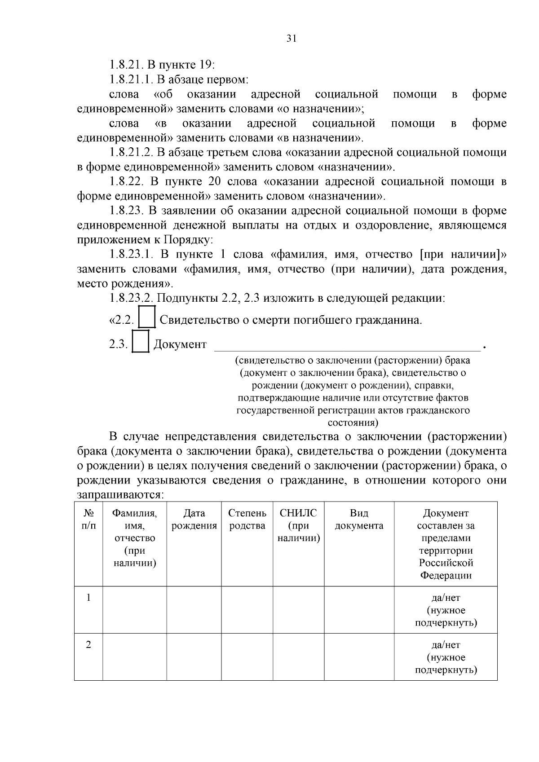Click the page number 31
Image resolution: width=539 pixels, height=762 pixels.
(292, 39)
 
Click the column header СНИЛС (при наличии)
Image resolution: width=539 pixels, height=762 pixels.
(298, 525)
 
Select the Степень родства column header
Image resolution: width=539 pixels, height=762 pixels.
(247, 520)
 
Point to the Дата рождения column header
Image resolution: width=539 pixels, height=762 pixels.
(194, 520)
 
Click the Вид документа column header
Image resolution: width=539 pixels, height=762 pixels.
(359, 520)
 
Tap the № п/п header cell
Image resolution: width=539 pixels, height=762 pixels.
(88, 520)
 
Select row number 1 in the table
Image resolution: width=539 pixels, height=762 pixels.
(88, 598)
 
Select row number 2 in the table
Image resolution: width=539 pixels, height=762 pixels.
(88, 645)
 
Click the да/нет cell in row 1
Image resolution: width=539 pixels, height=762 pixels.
(446, 610)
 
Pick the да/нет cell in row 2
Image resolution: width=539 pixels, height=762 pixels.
(446, 657)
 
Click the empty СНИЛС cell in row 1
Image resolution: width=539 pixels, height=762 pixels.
(298, 610)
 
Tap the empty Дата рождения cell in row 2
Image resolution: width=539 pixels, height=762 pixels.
(194, 657)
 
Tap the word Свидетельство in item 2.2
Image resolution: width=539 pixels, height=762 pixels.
(200, 320)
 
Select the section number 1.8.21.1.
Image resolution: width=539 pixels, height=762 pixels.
(132, 79)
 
